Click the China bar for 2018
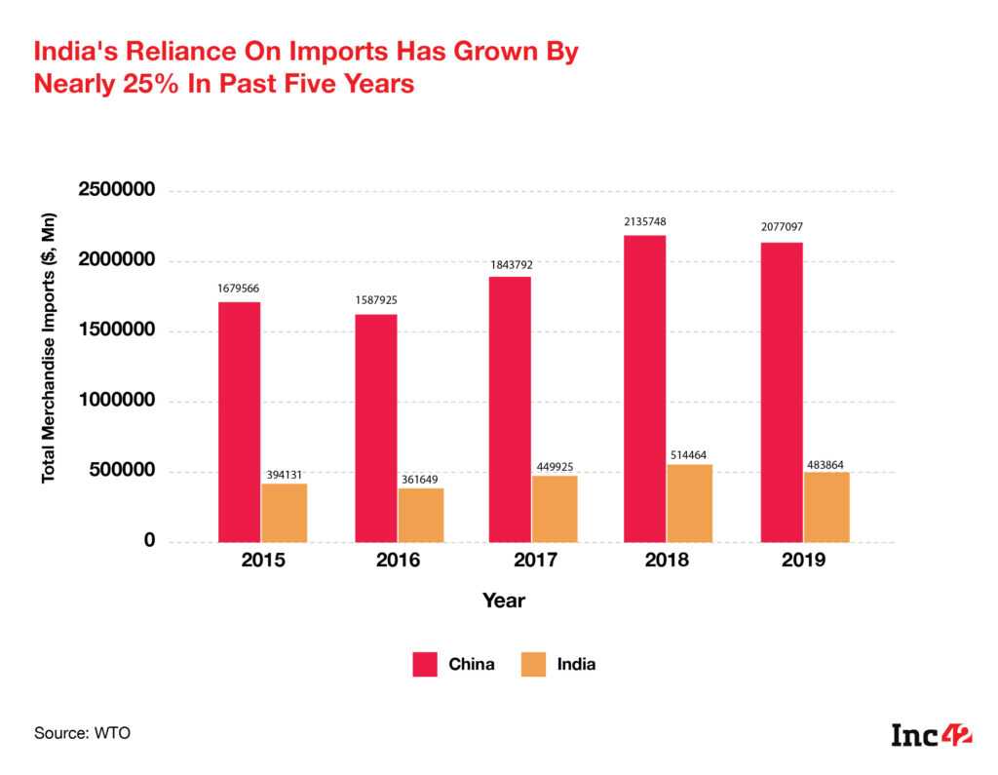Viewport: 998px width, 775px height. [645, 388]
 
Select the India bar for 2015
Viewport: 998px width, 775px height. [285, 513]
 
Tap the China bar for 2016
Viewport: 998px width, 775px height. [375, 428]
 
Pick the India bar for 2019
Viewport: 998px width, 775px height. [826, 507]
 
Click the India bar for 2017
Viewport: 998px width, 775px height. [555, 509]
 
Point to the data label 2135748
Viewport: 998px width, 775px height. [645, 222]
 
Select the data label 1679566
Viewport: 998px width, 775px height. [239, 289]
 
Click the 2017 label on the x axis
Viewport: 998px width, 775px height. [532, 561]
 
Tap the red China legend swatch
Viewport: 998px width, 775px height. [425, 665]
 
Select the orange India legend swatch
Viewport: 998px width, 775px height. [532, 665]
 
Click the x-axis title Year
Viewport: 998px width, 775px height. [503, 601]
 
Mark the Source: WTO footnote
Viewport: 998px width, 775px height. [82, 733]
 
